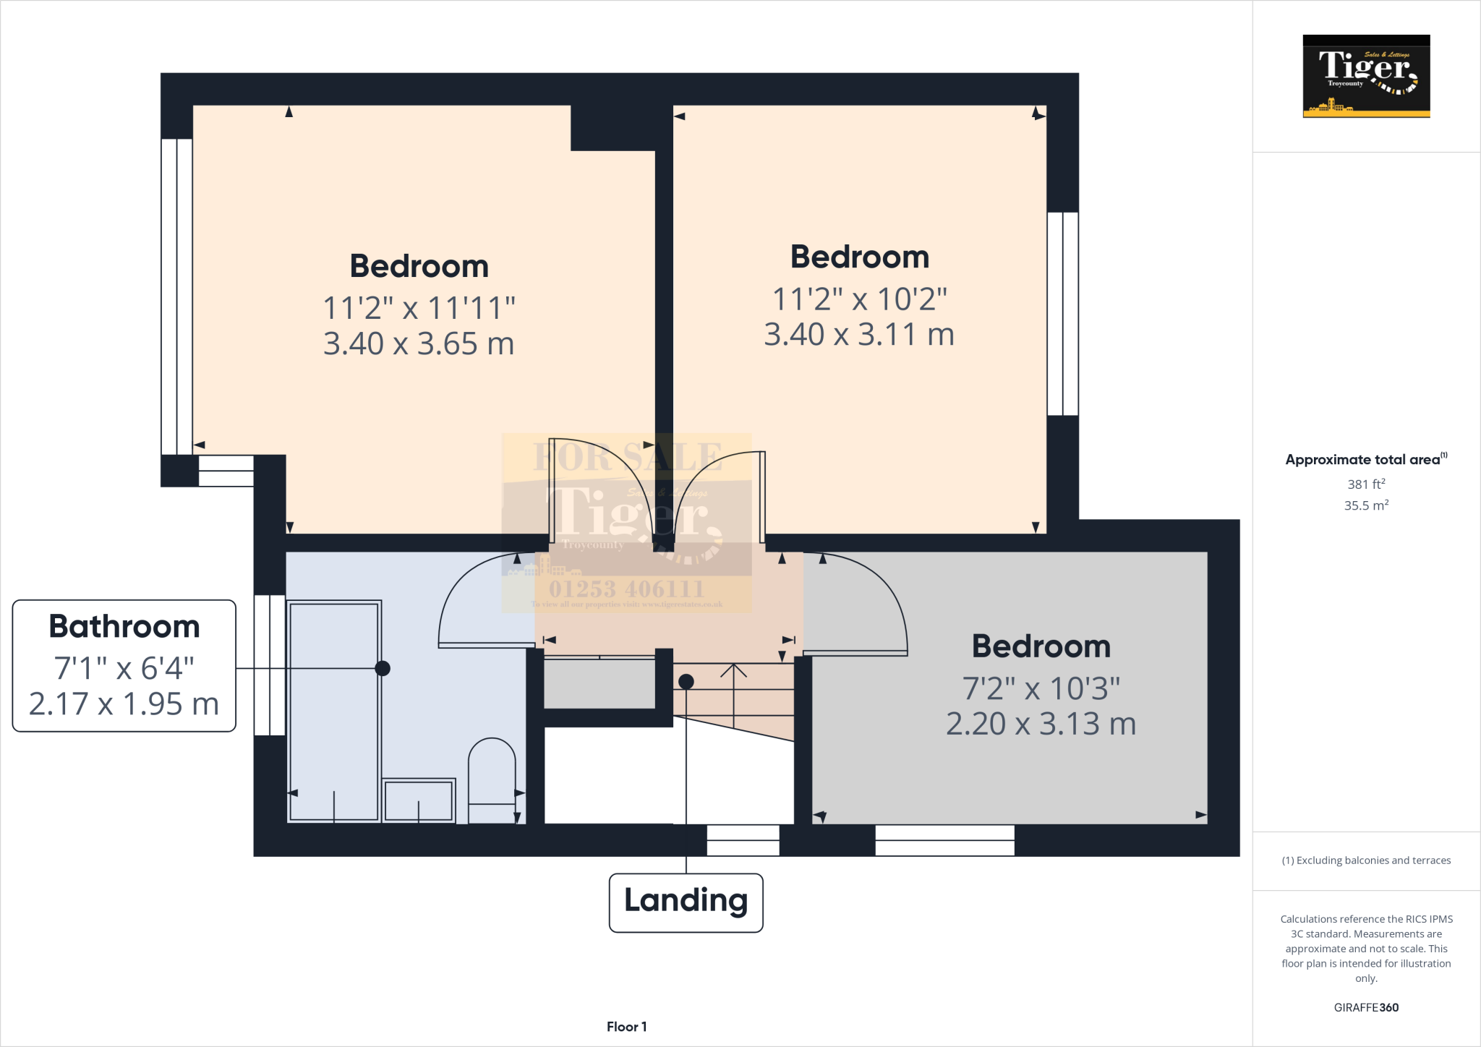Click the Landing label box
[686, 902]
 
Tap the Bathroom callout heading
[124, 626]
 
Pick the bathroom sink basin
[418, 800]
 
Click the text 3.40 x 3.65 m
[418, 343]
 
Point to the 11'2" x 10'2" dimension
[859, 299]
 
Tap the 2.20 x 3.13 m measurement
[1041, 724]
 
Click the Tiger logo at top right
[1366, 76]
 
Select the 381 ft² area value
[1366, 484]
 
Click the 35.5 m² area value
[1366, 505]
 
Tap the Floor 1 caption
[626, 1027]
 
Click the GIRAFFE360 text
[1366, 1007]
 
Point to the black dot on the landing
[686, 681]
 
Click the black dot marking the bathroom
[383, 668]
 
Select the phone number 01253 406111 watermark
[626, 589]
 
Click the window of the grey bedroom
[944, 840]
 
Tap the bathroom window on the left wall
[270, 664]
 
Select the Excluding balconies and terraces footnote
[1366, 860]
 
